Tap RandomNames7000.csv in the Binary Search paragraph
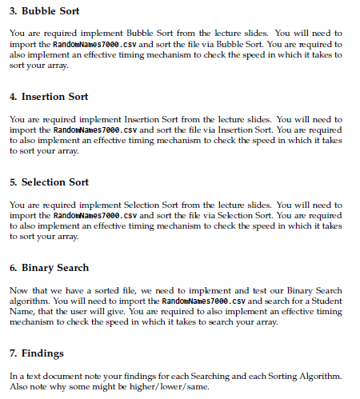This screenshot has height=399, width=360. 195,301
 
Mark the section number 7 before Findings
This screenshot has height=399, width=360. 12,353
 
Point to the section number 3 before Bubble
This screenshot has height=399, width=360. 12,11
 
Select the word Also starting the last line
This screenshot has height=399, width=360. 18,386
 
